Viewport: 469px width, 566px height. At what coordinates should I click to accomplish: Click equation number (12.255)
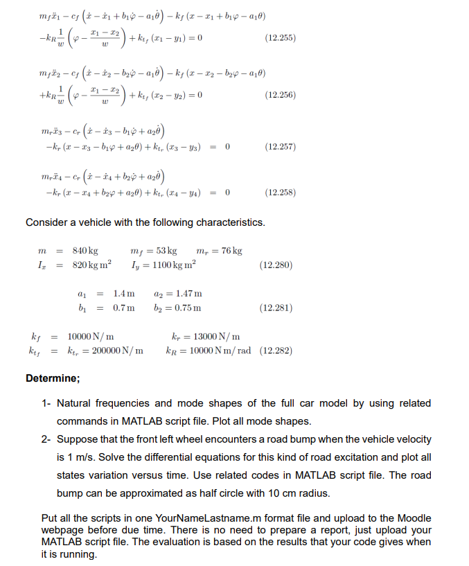280,38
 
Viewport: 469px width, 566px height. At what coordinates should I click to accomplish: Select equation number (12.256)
280,95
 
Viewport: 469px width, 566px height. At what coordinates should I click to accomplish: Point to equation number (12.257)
280,147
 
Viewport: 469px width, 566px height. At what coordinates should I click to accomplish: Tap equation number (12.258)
280,193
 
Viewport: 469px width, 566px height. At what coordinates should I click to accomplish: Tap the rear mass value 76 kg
229,250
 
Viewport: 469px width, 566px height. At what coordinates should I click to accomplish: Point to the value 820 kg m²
92,265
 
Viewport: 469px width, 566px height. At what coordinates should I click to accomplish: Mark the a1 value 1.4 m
123,294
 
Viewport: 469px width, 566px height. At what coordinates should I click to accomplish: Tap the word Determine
53,378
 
